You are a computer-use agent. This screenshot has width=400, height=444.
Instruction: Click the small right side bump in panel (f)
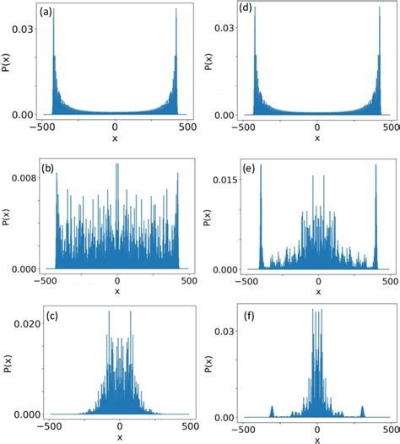point(362,411)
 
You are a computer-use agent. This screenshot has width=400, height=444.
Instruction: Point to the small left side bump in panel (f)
point(272,411)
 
